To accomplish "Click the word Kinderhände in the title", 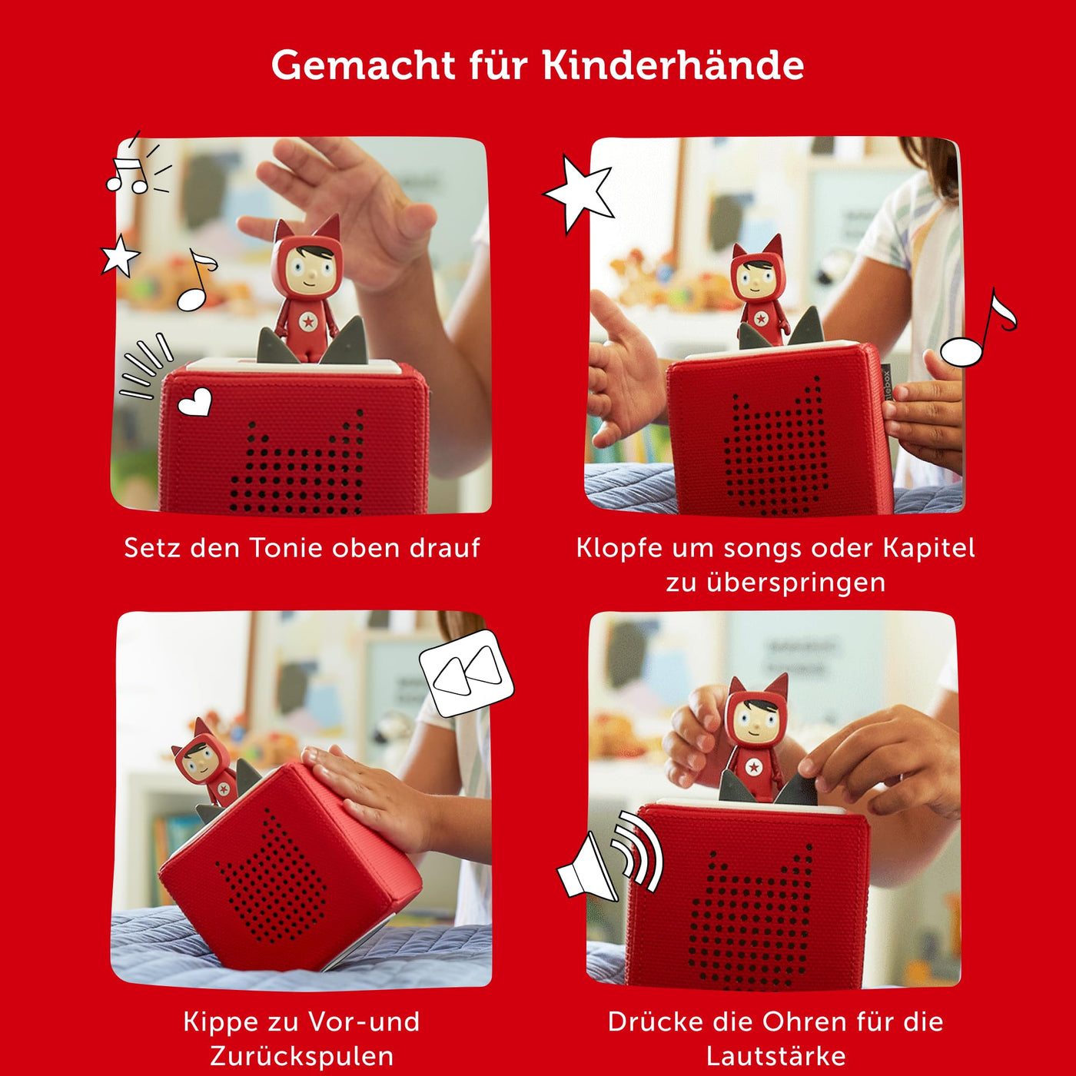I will [x=673, y=65].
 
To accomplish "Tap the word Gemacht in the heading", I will [x=363, y=65].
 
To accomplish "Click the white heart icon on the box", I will [x=195, y=402].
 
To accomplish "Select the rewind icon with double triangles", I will [x=467, y=672].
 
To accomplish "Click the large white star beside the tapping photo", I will [x=580, y=193].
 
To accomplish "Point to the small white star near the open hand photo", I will [x=120, y=257].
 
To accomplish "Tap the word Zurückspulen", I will [x=301, y=1056].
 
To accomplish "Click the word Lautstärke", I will [x=775, y=1056].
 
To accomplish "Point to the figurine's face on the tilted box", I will [x=199, y=761].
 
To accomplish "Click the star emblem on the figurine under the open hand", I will [x=307, y=322].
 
